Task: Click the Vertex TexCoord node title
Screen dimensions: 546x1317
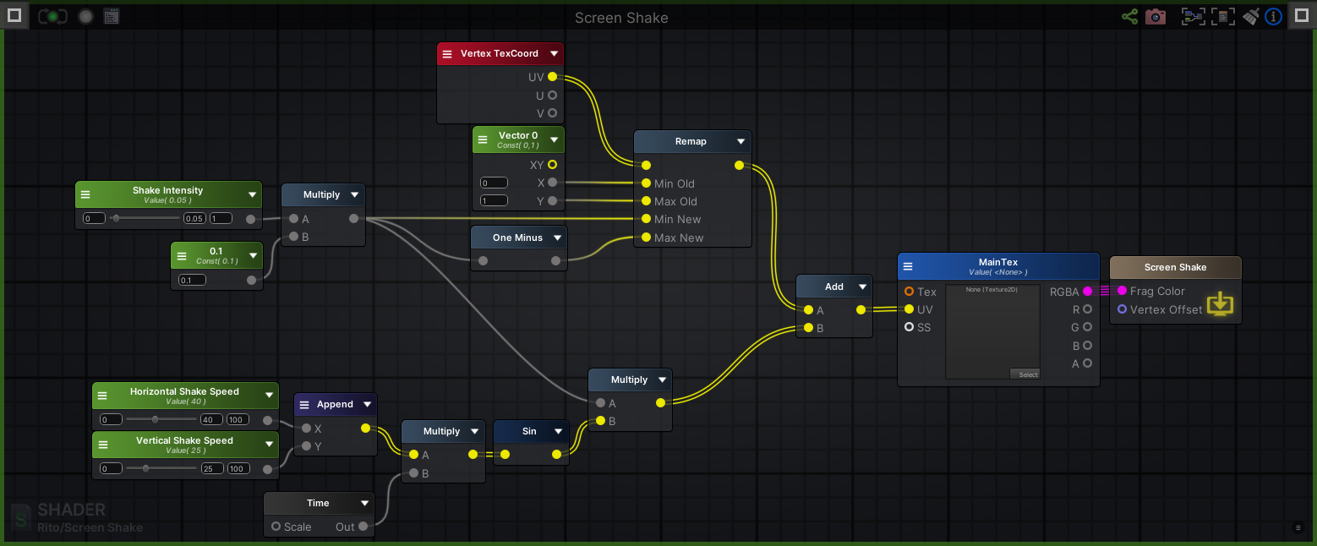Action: click(x=499, y=53)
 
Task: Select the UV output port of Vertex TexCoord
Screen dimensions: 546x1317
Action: click(x=552, y=77)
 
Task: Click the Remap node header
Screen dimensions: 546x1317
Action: click(x=690, y=141)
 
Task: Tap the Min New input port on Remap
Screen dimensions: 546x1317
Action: click(x=646, y=220)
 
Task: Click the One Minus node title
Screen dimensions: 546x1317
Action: click(x=517, y=238)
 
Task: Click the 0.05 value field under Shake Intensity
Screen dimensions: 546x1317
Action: click(x=194, y=219)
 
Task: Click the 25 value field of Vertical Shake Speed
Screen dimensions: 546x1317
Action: click(x=211, y=468)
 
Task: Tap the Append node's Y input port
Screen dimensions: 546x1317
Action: click(x=306, y=446)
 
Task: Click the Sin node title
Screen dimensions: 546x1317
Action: click(x=528, y=431)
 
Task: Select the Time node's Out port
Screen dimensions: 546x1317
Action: click(x=363, y=527)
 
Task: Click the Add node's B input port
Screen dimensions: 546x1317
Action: click(x=808, y=328)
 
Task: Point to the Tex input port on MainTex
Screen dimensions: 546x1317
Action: click(x=909, y=292)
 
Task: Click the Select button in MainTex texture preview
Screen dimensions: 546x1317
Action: click(x=1025, y=374)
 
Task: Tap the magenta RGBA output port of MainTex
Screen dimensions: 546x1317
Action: click(x=1087, y=292)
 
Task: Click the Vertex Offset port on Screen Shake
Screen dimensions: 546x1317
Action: click(x=1122, y=309)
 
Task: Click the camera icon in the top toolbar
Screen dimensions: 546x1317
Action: click(x=1155, y=16)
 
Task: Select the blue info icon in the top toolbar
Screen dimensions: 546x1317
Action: click(x=1274, y=16)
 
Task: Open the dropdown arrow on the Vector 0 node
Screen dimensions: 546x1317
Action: click(x=555, y=139)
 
